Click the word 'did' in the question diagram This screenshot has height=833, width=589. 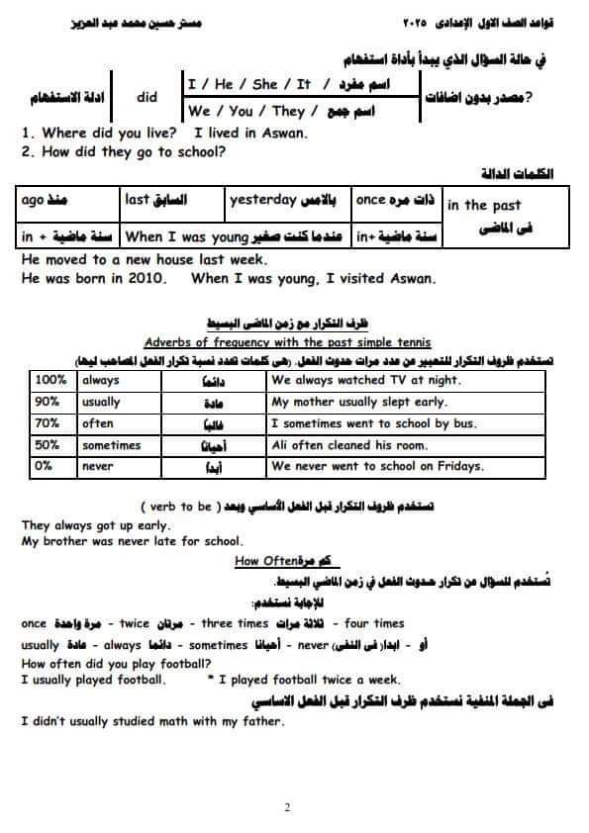coord(147,98)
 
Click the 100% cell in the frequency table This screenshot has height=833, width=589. coord(49,380)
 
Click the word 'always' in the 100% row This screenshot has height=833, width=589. coord(101,380)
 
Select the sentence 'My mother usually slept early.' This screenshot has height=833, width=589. coord(359,402)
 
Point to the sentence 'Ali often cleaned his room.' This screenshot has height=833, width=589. coord(349,445)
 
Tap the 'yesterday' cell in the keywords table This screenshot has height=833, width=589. coord(263,200)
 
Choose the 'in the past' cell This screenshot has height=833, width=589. coord(484,206)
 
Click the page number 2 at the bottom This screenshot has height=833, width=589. coord(287,807)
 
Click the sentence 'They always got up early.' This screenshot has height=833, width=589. coord(95,525)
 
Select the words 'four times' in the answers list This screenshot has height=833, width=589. coord(375,623)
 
